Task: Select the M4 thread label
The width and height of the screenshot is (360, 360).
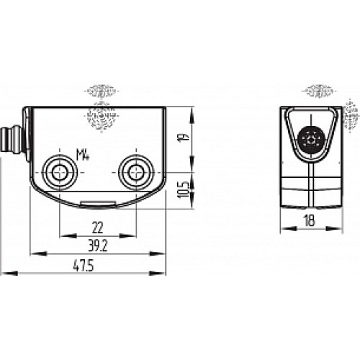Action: click(85, 153)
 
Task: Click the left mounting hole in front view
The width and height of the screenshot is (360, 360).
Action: click(58, 172)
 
